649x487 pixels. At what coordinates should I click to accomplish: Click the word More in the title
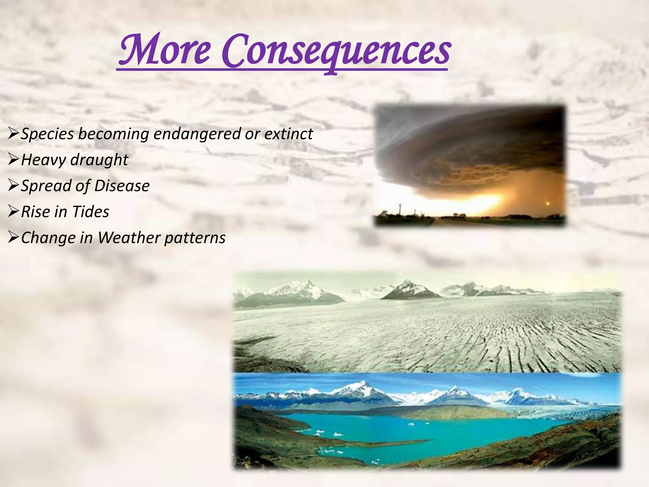coord(164,51)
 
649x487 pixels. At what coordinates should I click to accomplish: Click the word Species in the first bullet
coord(48,134)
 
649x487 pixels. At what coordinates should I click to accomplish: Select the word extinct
coord(289,133)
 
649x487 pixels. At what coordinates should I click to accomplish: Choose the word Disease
coord(122,186)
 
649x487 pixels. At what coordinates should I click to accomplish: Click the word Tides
coord(91,212)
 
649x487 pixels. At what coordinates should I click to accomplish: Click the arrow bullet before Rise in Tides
coord(13,211)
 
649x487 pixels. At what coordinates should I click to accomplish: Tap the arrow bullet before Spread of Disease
coord(13,185)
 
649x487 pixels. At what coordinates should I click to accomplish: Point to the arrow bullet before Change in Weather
coord(13,237)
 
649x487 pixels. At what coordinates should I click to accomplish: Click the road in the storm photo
coord(444,222)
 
